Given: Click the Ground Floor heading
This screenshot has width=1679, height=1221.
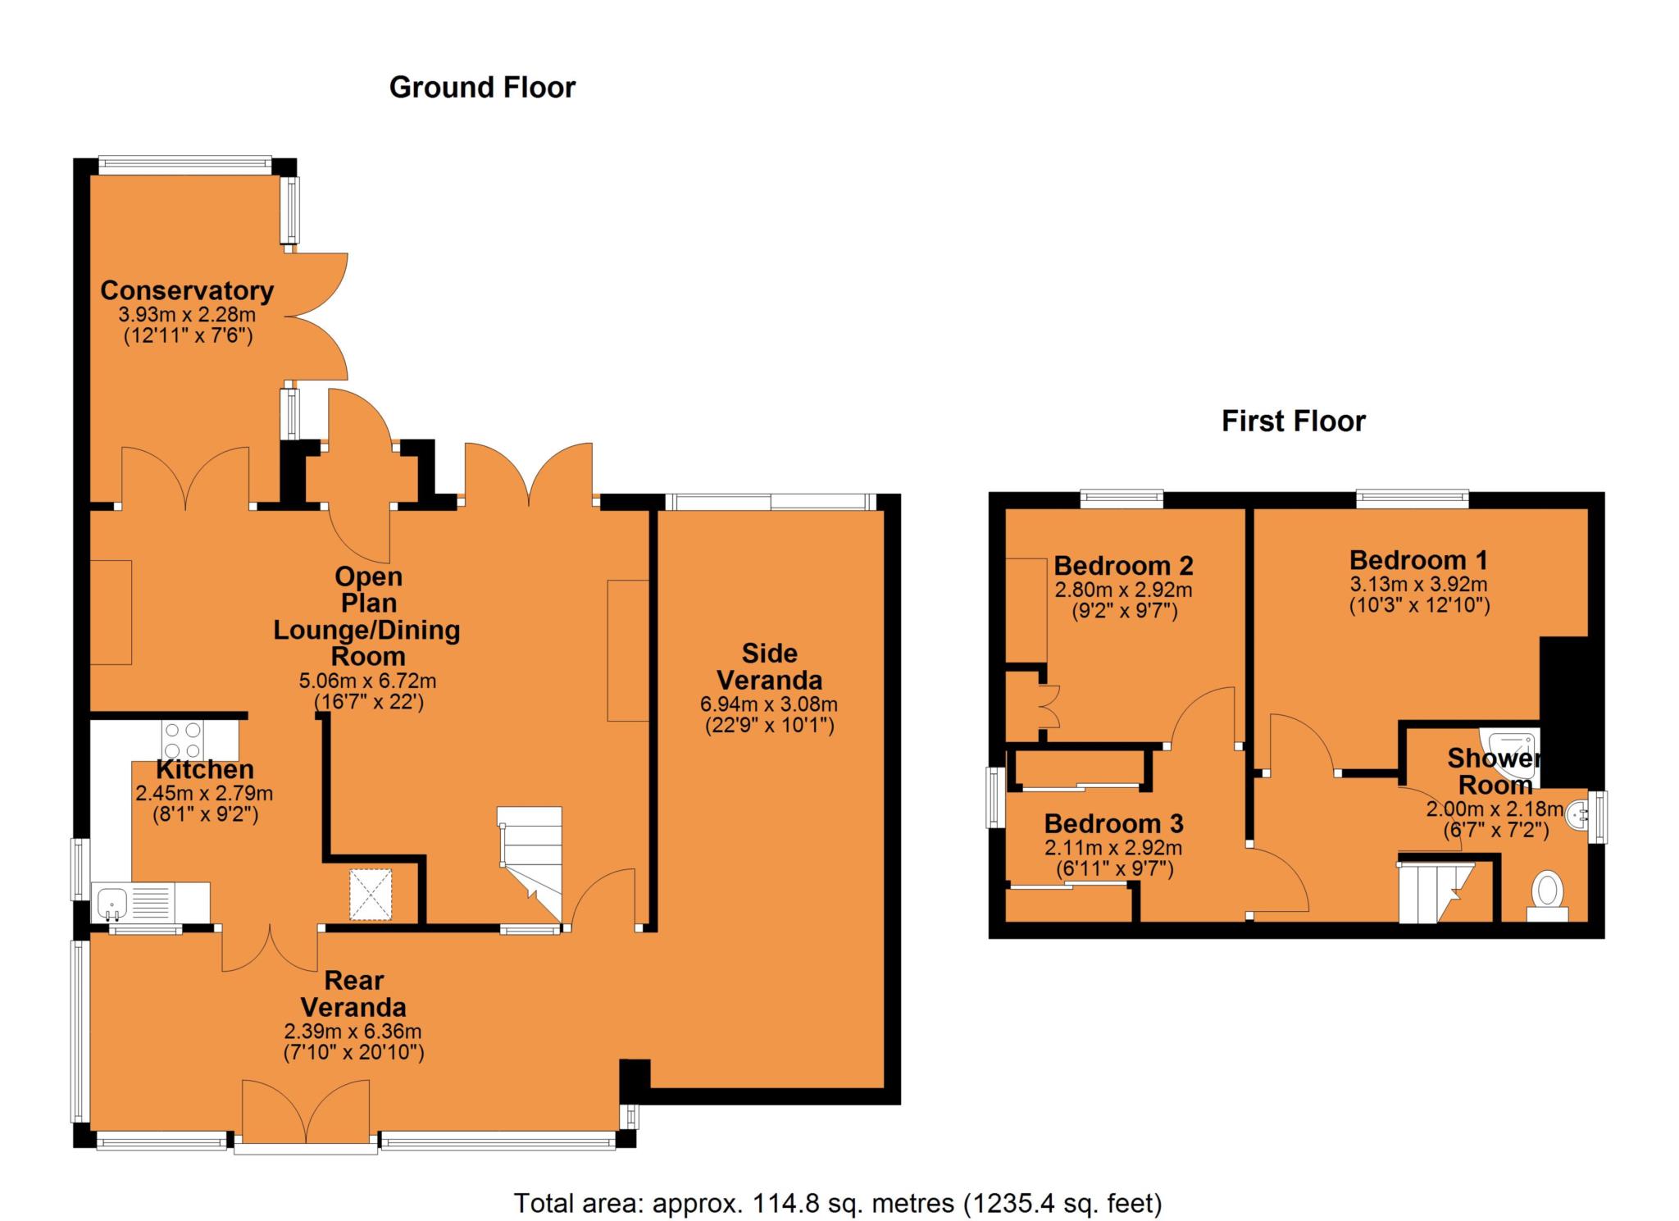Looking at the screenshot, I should [482, 88].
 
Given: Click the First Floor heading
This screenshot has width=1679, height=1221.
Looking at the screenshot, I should [1293, 421].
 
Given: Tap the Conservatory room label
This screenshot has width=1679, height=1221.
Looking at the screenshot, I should [187, 290].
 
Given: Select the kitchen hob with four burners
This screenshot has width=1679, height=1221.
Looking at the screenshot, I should [183, 740].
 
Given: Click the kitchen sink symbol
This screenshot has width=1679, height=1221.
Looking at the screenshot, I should [111, 902].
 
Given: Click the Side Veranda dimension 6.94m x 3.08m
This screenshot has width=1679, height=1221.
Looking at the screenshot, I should [768, 704].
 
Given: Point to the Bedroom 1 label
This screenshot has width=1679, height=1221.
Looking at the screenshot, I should [1418, 560].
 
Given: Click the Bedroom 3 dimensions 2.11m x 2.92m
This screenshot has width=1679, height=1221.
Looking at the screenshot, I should [1113, 849].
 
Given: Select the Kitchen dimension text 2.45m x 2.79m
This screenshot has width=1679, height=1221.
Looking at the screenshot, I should [204, 793].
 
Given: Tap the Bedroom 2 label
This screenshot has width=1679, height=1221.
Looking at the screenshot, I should [1123, 565].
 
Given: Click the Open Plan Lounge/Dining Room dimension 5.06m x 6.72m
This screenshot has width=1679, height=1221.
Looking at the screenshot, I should [367, 681].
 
